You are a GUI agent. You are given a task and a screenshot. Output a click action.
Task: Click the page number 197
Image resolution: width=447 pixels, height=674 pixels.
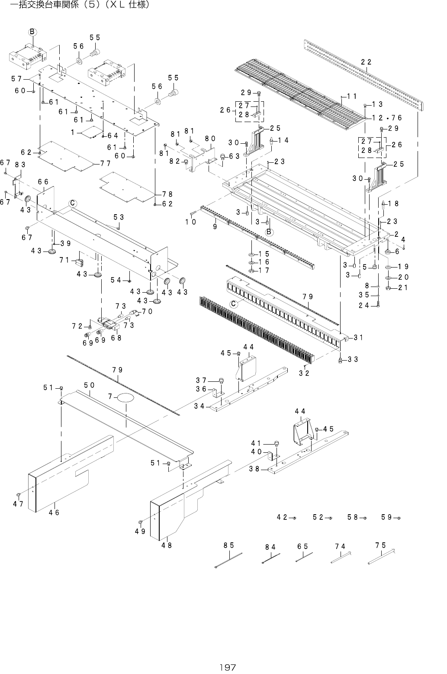227,667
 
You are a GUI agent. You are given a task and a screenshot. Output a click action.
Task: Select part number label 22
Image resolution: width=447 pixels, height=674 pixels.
366,62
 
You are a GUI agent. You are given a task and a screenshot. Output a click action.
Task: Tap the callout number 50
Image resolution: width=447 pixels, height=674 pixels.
90,385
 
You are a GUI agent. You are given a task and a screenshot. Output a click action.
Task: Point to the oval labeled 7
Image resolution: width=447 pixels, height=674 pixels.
125,397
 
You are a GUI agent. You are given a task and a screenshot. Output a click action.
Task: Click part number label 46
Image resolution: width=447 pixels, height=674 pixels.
54,513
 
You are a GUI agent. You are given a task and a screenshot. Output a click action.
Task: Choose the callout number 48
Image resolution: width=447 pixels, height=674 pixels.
167,545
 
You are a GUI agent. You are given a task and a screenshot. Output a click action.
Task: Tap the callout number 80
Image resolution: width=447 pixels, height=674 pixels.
210,139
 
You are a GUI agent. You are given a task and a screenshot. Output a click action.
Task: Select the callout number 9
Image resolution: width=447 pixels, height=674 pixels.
215,226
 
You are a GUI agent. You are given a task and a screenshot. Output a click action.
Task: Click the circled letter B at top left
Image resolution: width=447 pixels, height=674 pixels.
32,32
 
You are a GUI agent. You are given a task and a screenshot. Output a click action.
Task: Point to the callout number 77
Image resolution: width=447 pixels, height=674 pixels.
105,164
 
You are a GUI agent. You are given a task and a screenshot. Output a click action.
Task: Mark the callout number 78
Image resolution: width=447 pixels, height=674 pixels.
167,194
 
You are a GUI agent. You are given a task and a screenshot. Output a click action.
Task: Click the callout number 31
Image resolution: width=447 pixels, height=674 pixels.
358,338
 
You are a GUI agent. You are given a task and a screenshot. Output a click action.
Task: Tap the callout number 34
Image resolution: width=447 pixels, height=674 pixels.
199,406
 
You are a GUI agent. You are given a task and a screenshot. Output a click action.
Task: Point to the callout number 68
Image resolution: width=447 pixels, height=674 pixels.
116,338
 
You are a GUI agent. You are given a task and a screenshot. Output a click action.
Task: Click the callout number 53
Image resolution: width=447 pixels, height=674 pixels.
119,216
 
